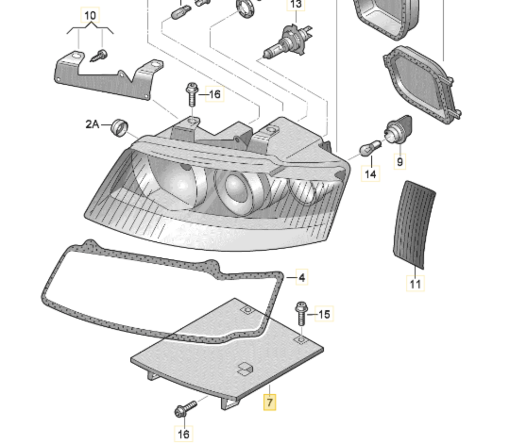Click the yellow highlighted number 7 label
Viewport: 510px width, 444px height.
pos(269,403)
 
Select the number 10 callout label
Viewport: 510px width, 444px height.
pos(90,16)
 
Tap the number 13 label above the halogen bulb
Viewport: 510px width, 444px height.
pos(296,5)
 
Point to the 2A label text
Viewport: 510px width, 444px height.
pos(93,124)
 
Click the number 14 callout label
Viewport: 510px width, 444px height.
pos(371,174)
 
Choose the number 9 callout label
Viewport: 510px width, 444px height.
pos(400,162)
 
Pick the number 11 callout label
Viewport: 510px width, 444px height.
pos(415,284)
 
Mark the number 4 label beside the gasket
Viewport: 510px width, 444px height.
pos(302,278)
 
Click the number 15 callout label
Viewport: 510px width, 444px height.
pos(324,313)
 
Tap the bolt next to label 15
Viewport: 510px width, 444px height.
pos(301,312)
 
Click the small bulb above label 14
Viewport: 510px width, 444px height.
pos(368,149)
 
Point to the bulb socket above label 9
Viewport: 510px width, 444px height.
pos(399,130)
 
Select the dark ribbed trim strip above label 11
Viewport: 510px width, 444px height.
pos(413,224)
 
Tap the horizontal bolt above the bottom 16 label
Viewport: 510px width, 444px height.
pos(185,409)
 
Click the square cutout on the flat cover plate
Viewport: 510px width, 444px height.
pos(245,369)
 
